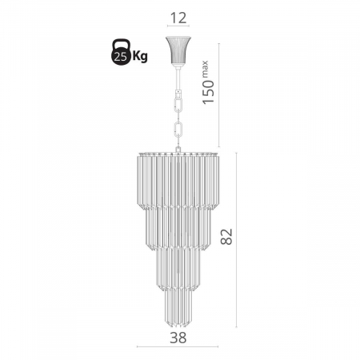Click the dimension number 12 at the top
tap(178, 18)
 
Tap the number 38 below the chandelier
tap(178, 338)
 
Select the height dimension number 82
tap(226, 237)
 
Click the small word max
tap(205, 69)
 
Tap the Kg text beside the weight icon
tap(140, 56)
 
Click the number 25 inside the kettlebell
tap(120, 57)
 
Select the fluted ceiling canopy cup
tap(178, 50)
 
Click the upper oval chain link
tap(178, 106)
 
